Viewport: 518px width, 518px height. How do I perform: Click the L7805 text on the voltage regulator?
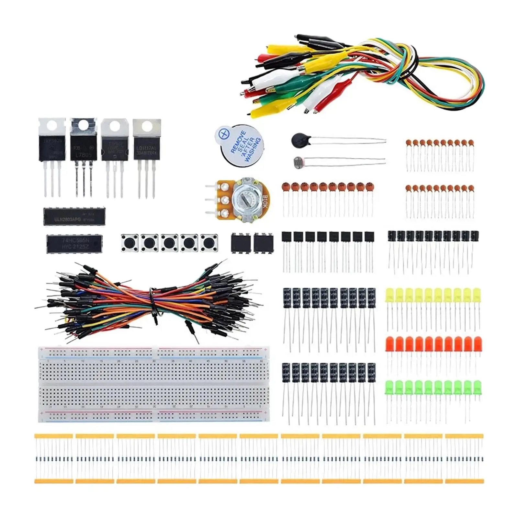(x=84, y=155)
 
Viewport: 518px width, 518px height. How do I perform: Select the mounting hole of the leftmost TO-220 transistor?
(x=52, y=126)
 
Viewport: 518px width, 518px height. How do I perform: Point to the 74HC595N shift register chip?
(x=74, y=244)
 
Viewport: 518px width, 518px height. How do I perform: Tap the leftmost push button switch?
(x=129, y=242)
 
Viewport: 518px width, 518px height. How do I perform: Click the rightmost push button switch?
(x=209, y=242)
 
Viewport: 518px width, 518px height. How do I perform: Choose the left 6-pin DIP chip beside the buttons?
(x=240, y=242)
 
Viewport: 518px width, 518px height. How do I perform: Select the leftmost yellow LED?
(x=390, y=296)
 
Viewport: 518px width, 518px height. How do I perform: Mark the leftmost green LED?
(x=390, y=388)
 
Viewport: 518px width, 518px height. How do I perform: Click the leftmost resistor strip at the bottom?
(x=53, y=458)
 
